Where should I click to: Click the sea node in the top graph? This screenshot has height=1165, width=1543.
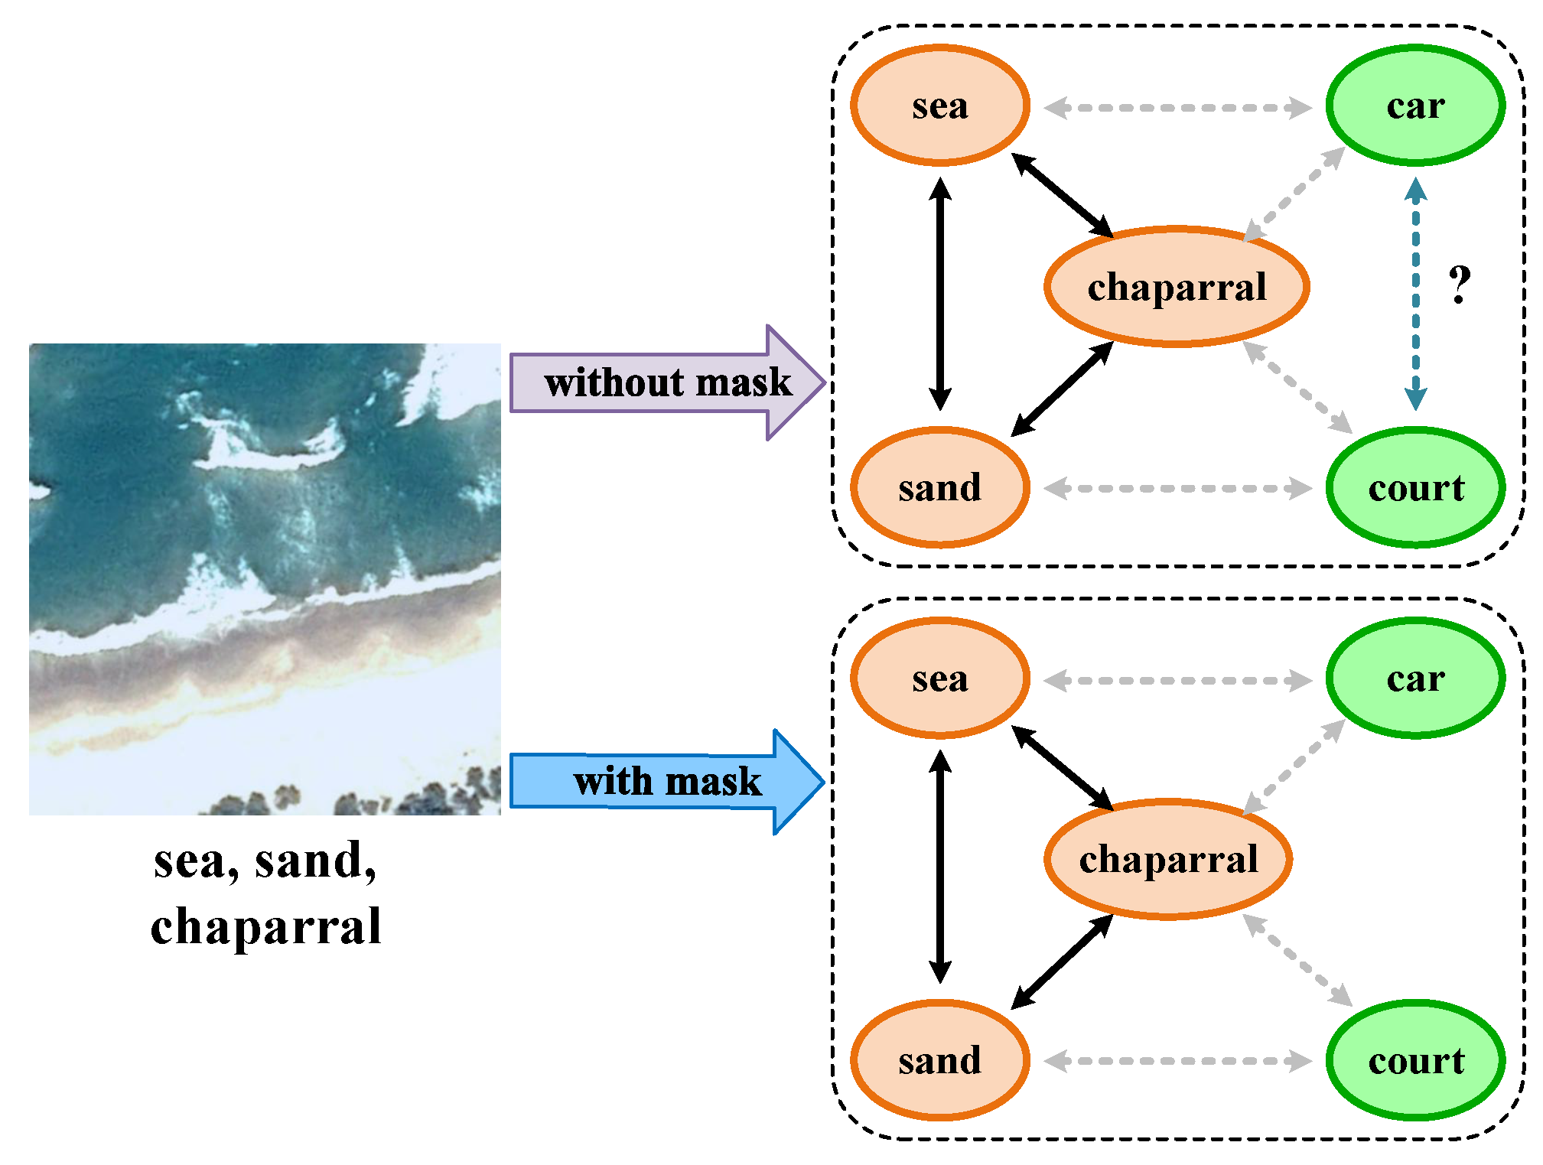click(939, 106)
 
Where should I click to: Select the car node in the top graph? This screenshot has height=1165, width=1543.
click(1415, 106)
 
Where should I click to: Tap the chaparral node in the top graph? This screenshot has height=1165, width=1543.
click(1177, 287)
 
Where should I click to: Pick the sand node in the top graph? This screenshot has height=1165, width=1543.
click(939, 488)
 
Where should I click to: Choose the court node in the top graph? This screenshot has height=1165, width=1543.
click(1415, 488)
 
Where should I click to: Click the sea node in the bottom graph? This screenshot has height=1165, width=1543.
click(939, 678)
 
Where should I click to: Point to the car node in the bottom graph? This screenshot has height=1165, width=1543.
click(1415, 678)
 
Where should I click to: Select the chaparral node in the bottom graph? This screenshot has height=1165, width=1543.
click(1168, 859)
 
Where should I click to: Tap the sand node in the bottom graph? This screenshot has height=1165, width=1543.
click(939, 1060)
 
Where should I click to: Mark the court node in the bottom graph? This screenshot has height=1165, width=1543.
click(1415, 1060)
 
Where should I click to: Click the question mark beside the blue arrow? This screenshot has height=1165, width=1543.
click(1460, 285)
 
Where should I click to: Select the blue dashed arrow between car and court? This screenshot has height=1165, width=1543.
click(1415, 295)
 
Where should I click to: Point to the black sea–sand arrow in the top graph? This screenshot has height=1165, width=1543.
click(939, 295)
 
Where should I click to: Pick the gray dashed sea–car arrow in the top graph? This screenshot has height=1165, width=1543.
click(1178, 108)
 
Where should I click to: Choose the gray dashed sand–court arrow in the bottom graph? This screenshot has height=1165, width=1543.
click(1178, 1061)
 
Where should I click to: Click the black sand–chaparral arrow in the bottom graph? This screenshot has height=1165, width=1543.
click(1062, 962)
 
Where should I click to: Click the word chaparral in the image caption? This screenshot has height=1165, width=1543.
click(265, 926)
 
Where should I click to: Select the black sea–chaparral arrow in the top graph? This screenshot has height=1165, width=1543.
click(1062, 196)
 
